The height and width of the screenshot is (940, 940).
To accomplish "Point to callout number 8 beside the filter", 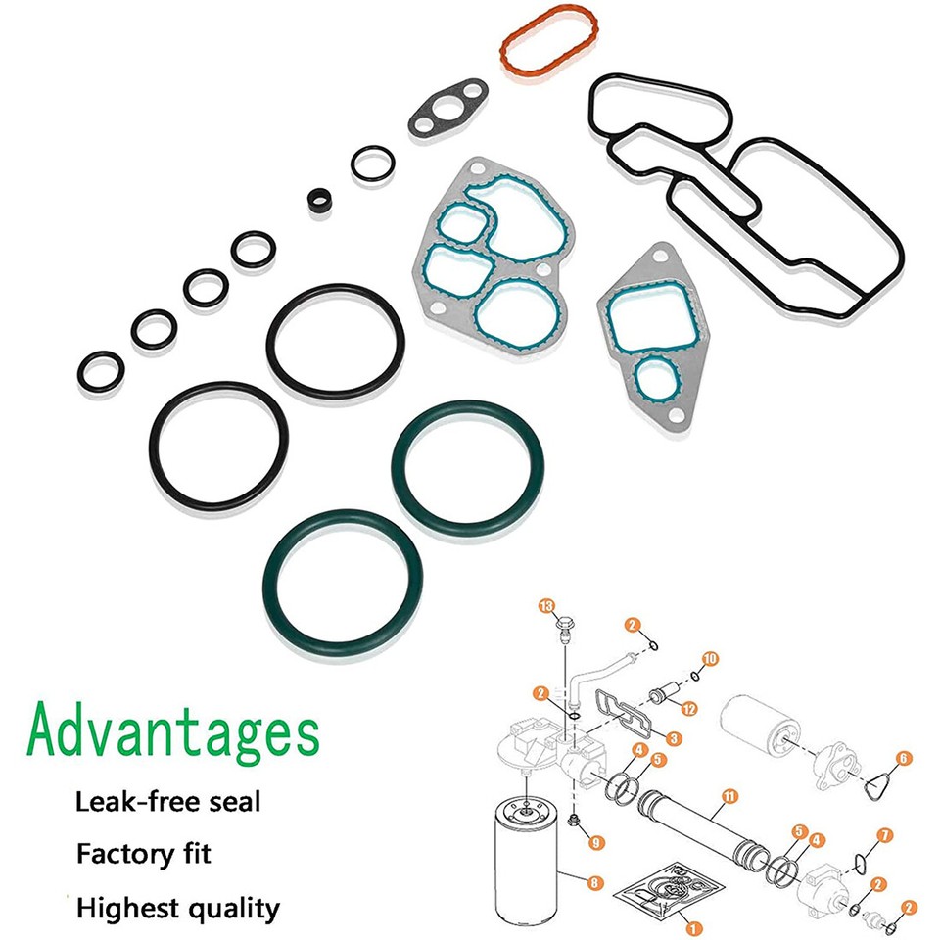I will (x=593, y=882).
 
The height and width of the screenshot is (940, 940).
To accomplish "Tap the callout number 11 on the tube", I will (x=726, y=793).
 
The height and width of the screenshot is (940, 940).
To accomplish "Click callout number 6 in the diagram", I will (x=903, y=756).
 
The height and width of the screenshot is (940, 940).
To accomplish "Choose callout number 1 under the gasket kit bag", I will (x=693, y=927).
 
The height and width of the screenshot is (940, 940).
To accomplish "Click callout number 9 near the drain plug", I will (x=596, y=841).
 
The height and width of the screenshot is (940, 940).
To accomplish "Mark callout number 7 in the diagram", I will (x=884, y=835).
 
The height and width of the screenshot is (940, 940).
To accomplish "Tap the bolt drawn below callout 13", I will (x=565, y=626).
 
